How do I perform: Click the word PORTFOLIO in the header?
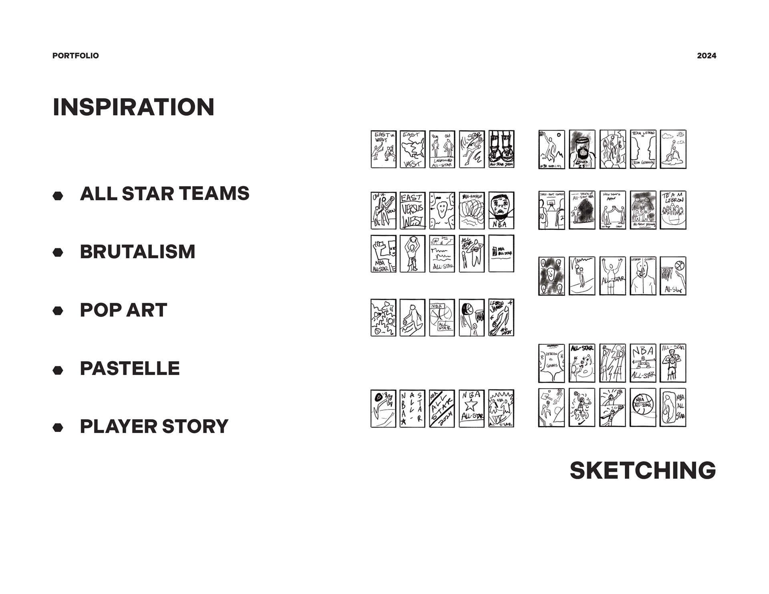75,56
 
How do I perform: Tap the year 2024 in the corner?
707,56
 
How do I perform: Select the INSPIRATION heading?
133,107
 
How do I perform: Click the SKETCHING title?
642,470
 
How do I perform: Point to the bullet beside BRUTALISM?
58,252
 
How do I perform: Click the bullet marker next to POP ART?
58,311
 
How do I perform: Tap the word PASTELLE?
130,368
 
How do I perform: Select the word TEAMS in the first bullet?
214,193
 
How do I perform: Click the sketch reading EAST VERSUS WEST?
413,211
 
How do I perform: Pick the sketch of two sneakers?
501,149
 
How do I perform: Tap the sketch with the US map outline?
413,149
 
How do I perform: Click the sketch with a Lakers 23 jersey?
582,149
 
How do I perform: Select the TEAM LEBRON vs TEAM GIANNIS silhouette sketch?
643,149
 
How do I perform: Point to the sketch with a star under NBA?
471,409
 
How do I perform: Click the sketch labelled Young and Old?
442,149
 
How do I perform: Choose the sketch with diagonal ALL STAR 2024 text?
442,409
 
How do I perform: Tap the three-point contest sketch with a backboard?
552,210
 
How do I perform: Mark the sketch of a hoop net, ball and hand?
673,276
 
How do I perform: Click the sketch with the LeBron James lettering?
501,317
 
